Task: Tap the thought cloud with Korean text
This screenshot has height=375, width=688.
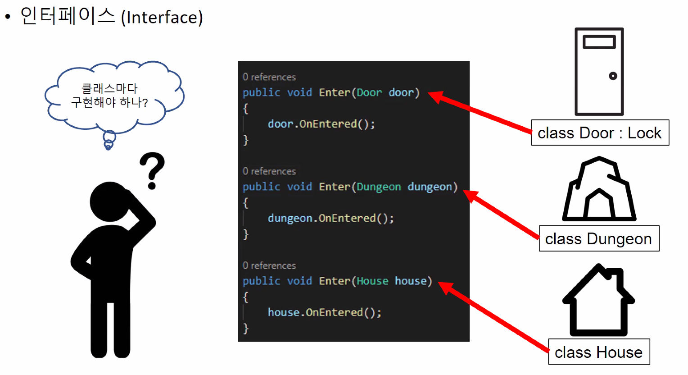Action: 113,96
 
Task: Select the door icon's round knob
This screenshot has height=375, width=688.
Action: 613,76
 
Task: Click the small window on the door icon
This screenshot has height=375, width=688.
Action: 599,42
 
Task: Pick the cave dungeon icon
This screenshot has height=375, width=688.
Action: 599,189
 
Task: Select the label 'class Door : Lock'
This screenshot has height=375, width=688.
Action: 600,133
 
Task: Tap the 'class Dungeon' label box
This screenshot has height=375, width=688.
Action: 599,239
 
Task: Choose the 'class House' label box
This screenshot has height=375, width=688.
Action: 599,352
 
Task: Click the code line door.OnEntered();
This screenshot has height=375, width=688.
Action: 321,124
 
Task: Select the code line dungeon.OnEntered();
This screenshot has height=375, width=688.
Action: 330,219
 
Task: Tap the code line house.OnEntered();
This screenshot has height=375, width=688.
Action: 324,312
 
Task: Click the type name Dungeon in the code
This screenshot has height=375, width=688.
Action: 379,187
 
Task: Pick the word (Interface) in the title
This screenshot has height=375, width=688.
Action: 162,18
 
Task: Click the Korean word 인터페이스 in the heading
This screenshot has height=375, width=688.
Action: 68,16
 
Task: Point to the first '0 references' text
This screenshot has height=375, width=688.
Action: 269,77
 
